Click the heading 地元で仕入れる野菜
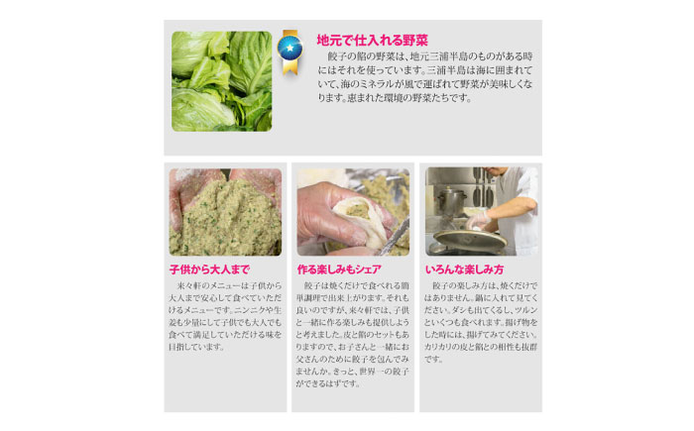coord(372,41)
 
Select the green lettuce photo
coord(221,80)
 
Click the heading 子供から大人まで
coord(209,269)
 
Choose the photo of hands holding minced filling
coord(224,212)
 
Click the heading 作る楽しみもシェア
coord(339,269)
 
